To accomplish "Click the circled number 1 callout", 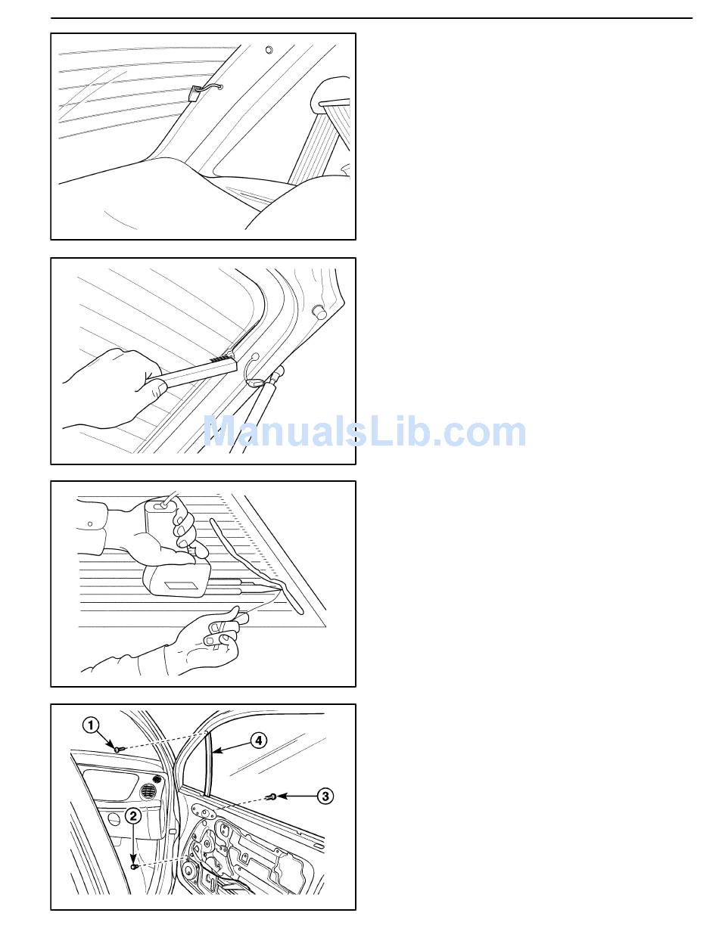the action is [x=91, y=726].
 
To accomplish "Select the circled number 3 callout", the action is [x=325, y=796].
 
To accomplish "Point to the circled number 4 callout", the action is [x=258, y=741].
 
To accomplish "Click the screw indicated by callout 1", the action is [x=119, y=750].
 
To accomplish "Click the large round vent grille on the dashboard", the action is [x=148, y=792].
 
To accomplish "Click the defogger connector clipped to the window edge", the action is [x=194, y=92].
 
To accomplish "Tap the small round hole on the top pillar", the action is [x=269, y=49].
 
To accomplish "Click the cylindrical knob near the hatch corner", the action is [x=319, y=312].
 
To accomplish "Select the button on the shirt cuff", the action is [x=90, y=524].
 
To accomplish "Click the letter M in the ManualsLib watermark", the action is [x=221, y=431].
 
